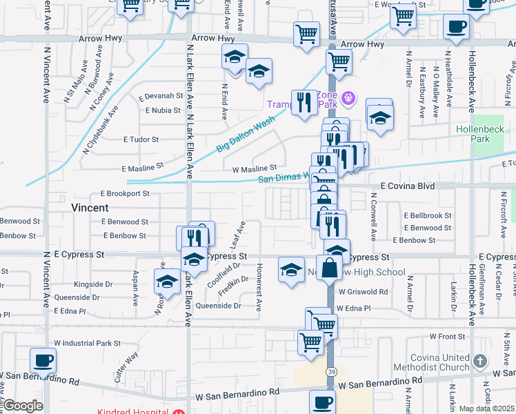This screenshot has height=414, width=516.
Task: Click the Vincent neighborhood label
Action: pos(90,207)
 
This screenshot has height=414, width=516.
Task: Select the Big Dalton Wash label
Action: pos(245,133)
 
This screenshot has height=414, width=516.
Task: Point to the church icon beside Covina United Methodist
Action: pos(481,361)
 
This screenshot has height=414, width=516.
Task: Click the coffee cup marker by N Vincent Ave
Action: pos(43,360)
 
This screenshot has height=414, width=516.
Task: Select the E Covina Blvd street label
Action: pos(408,186)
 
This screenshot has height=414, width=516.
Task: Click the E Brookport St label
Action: pos(125,194)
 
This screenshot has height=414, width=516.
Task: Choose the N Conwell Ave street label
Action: pos(373,216)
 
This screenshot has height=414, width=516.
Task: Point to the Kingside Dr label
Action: pos(93,284)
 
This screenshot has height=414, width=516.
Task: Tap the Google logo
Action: pos(23,406)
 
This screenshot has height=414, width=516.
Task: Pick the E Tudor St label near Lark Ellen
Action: pos(141,139)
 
